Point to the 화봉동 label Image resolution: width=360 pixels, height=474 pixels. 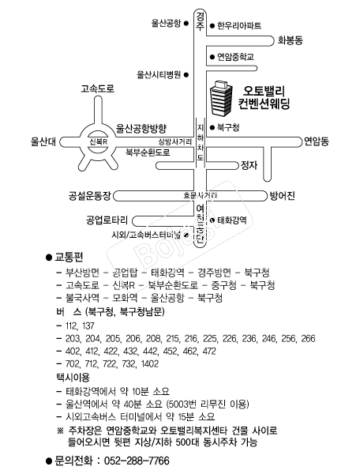point(291,39)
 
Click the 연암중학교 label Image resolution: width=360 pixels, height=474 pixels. point(236,57)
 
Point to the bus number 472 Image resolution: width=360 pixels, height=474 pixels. point(209,350)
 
